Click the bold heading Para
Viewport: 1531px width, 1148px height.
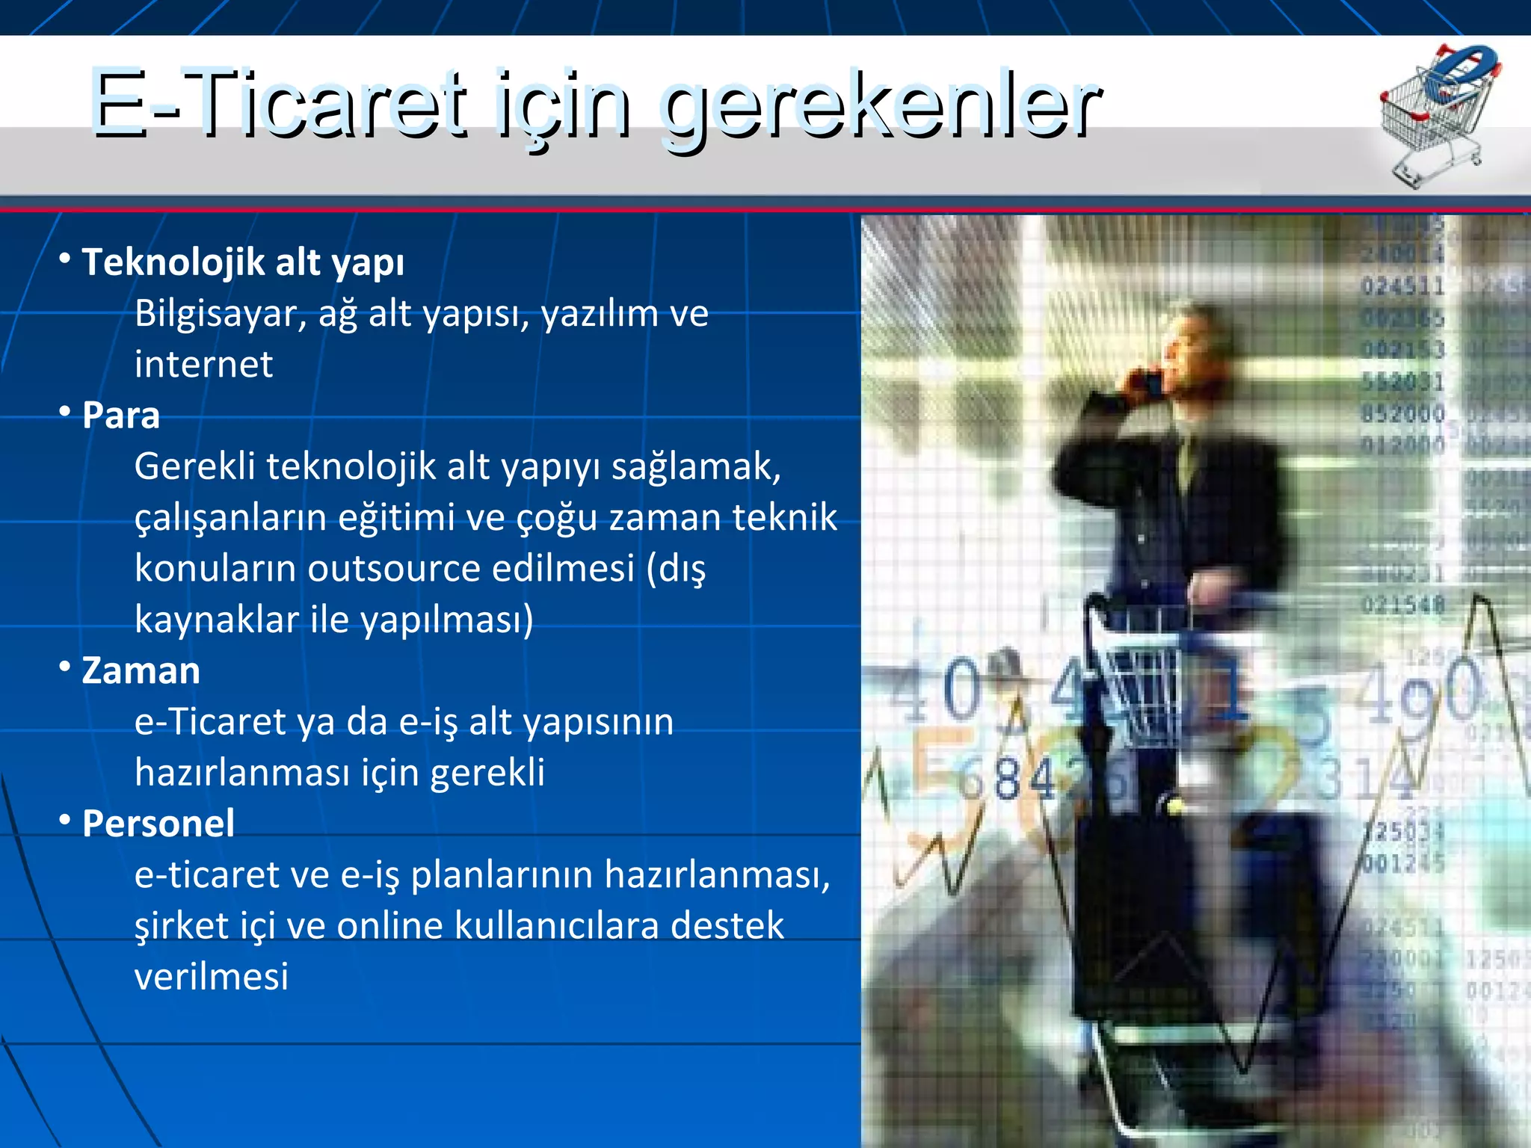[x=121, y=416]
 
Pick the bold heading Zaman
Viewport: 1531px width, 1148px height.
[x=141, y=671]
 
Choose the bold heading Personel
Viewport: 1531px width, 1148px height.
[x=158, y=824]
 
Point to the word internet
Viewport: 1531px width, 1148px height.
[x=203, y=365]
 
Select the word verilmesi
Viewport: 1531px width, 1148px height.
[x=212, y=977]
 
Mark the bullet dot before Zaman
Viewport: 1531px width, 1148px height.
[x=65, y=664]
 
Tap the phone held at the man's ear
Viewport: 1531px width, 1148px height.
[x=1148, y=381]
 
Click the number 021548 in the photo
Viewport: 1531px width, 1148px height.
[x=1402, y=604]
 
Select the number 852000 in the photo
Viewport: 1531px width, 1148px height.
[x=1402, y=413]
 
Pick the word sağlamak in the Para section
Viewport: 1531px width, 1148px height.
[x=696, y=467]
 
